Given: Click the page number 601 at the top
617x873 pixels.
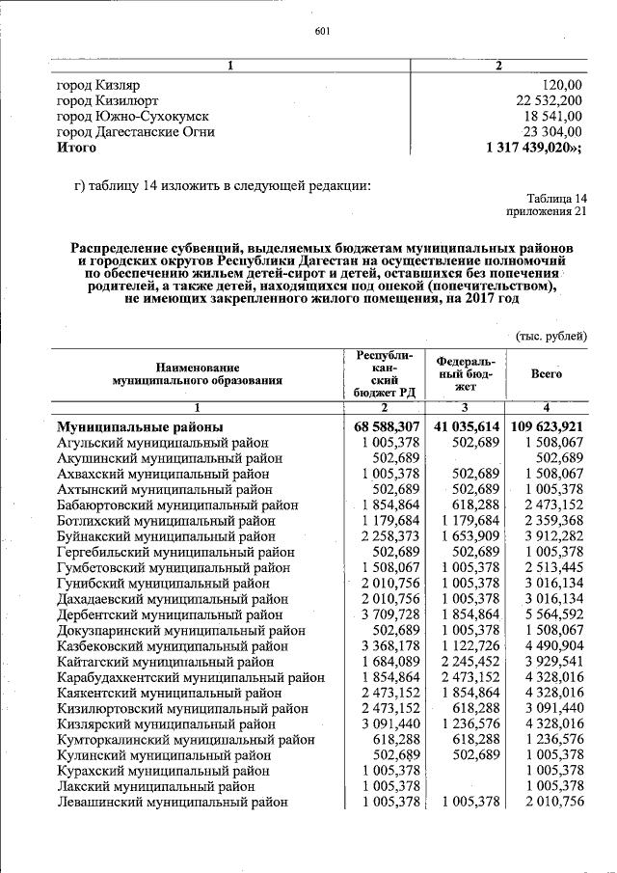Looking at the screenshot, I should [323, 31].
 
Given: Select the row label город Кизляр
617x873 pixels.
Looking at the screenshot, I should [99, 85].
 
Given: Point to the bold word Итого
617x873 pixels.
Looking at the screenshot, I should [77, 148].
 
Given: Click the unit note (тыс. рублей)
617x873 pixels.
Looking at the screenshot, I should [550, 336].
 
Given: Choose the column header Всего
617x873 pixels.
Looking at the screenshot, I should [547, 373].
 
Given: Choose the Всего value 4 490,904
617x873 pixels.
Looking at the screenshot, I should [549, 645].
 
